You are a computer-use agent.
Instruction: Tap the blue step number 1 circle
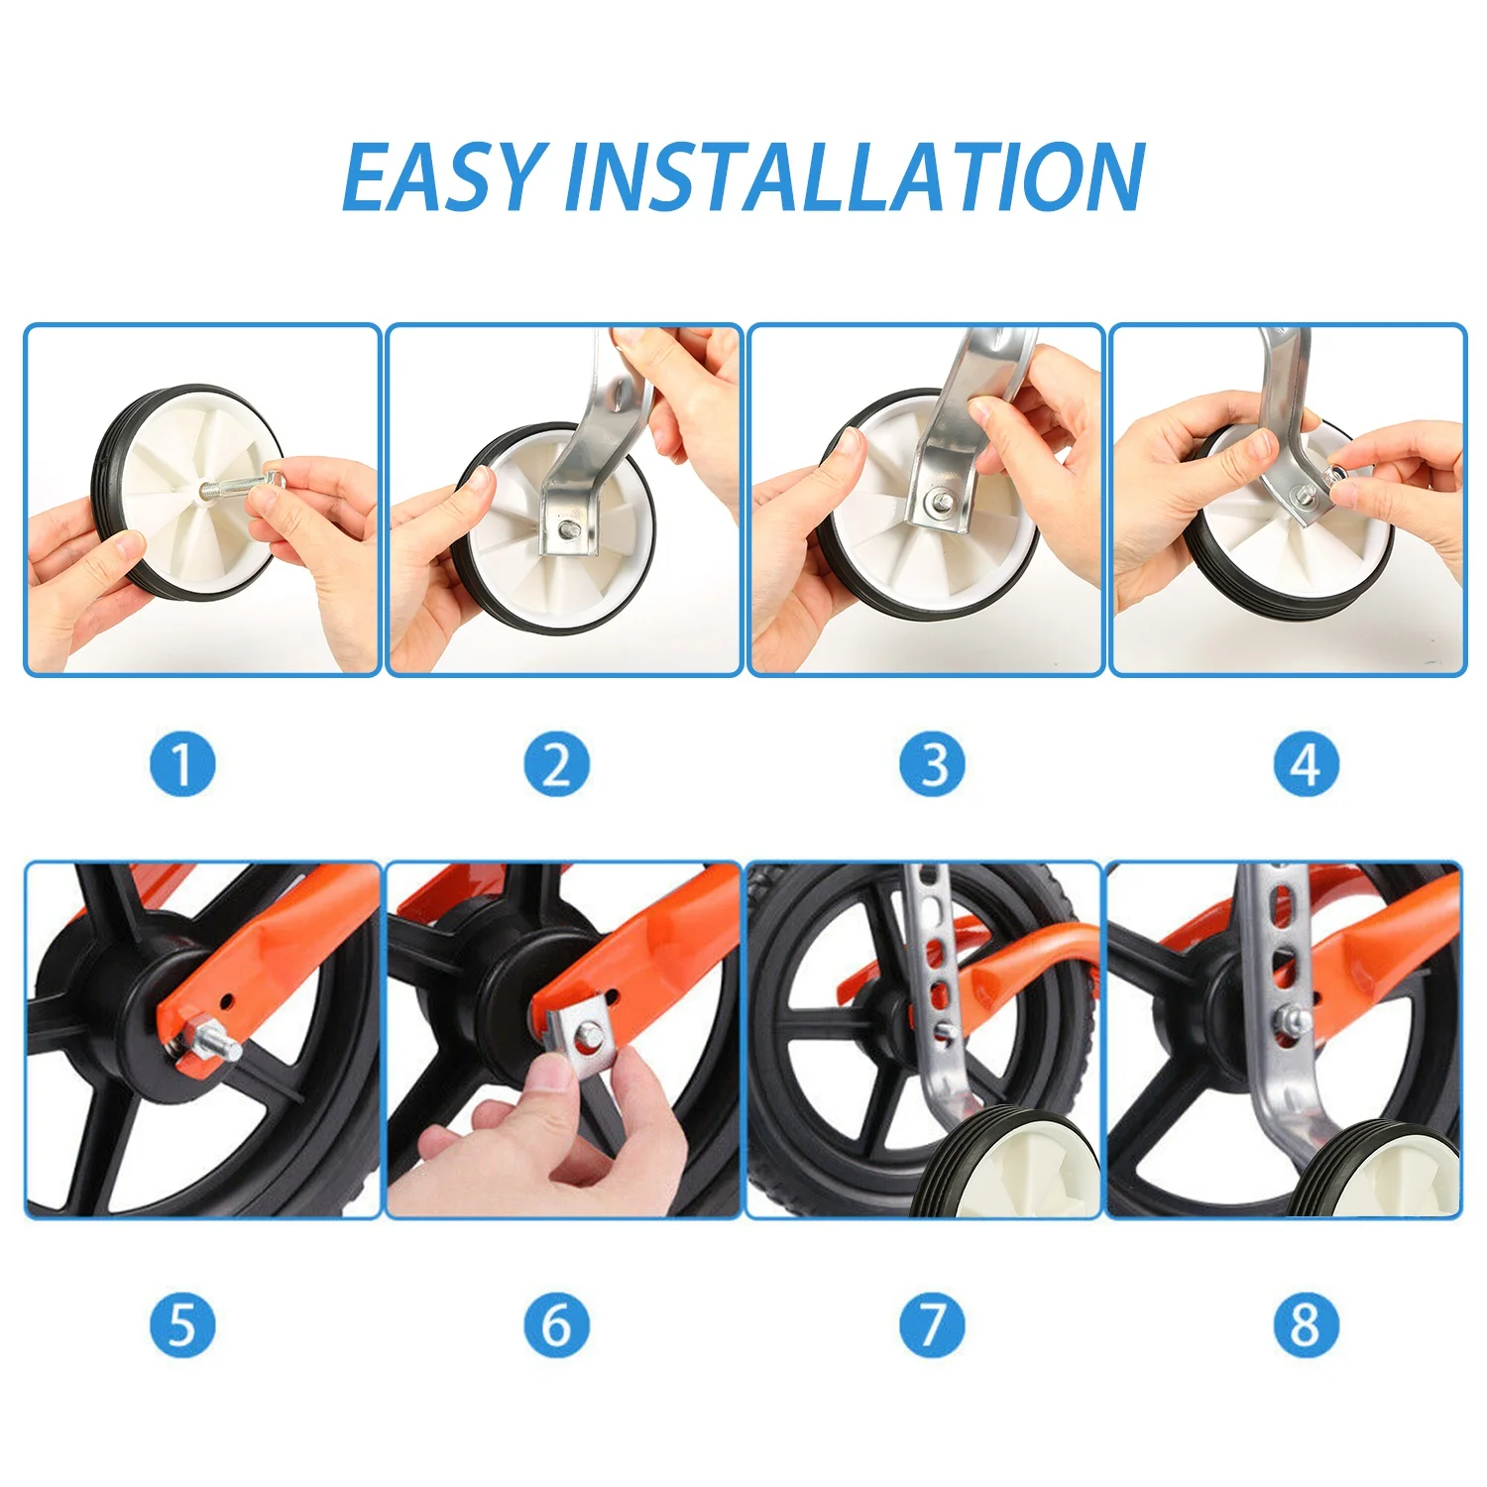pyautogui.click(x=182, y=764)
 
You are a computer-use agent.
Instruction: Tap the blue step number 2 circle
pyautogui.click(x=557, y=764)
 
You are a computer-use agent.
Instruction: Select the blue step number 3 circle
pyautogui.click(x=932, y=764)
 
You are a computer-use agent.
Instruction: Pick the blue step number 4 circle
pyautogui.click(x=1307, y=764)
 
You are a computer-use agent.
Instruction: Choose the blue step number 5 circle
pyautogui.click(x=182, y=1324)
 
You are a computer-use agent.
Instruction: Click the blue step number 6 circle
pyautogui.click(x=557, y=1324)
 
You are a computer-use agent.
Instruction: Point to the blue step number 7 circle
pyautogui.click(x=932, y=1324)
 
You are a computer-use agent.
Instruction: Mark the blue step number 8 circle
pyautogui.click(x=1307, y=1324)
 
